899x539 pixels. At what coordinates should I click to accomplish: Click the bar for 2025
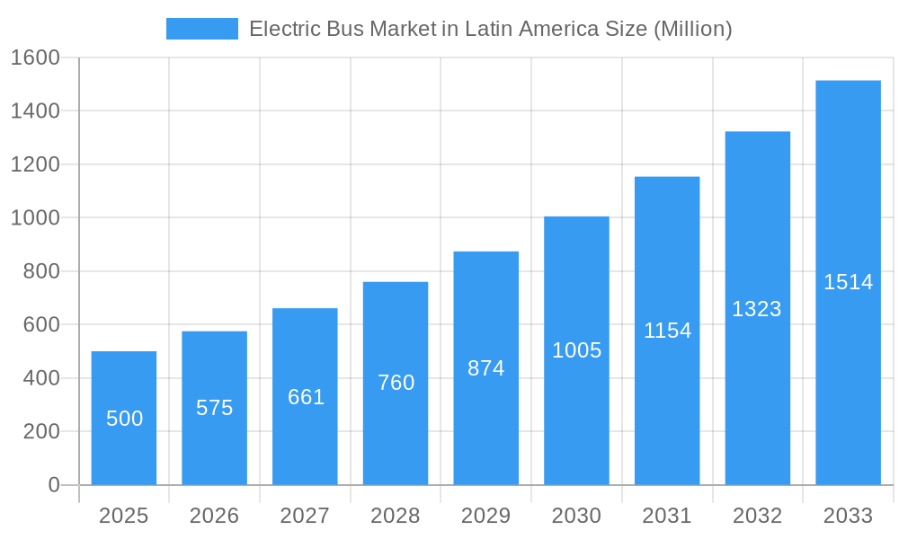pyautogui.click(x=124, y=418)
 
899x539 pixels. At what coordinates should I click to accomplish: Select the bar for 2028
pyautogui.click(x=396, y=384)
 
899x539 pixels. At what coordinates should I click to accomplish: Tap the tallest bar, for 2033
pyautogui.click(x=848, y=282)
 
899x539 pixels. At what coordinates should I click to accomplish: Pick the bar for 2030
pyautogui.click(x=576, y=350)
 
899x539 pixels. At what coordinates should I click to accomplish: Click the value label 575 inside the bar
pyautogui.click(x=215, y=408)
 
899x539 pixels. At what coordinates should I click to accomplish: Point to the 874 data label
pyautogui.click(x=486, y=368)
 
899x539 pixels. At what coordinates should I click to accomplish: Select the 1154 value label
pyautogui.click(x=667, y=331)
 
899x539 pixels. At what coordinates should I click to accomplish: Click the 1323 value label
pyautogui.click(x=757, y=309)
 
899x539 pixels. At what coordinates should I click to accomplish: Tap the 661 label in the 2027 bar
pyautogui.click(x=306, y=397)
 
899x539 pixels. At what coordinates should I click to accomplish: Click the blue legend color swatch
pyautogui.click(x=202, y=29)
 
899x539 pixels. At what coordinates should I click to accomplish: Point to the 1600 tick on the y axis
pyautogui.click(x=35, y=57)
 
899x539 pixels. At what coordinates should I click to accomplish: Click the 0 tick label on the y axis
pyautogui.click(x=53, y=485)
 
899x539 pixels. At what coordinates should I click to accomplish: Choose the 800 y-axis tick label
pyautogui.click(x=40, y=271)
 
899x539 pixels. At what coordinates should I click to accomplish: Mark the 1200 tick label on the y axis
pyautogui.click(x=35, y=164)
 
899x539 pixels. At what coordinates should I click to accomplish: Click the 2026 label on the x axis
pyautogui.click(x=215, y=516)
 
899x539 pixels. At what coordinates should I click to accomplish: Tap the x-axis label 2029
pyautogui.click(x=486, y=516)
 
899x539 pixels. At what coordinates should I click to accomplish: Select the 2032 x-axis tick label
pyautogui.click(x=757, y=516)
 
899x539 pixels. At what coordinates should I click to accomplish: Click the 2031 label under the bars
pyautogui.click(x=667, y=516)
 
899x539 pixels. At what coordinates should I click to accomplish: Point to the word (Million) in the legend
pyautogui.click(x=692, y=29)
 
